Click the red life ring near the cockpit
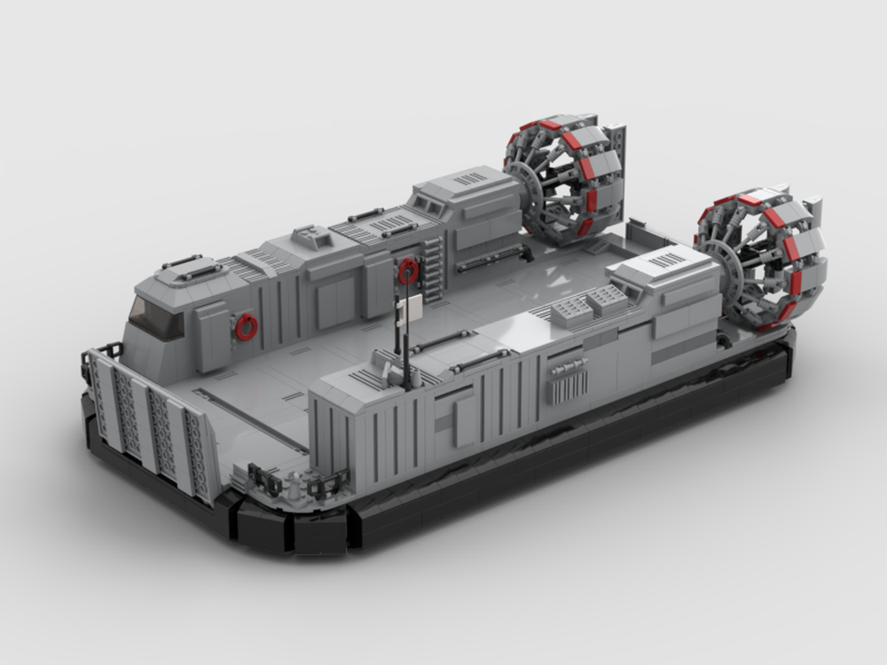[x=247, y=327]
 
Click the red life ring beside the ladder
[x=408, y=270]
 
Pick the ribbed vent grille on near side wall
[x=568, y=384]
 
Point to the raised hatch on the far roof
[x=313, y=235]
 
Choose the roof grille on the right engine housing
[x=667, y=259]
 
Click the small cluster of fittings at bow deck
[x=293, y=484]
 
